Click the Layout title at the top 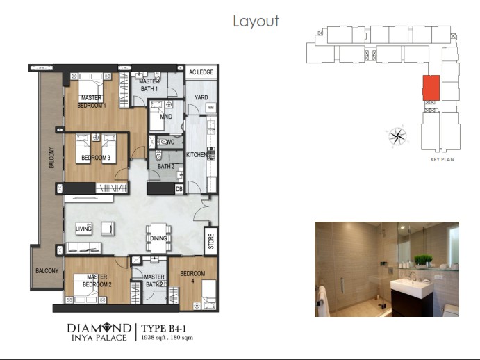[x=256, y=22]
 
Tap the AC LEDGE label [x=201, y=72]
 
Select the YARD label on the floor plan [x=201, y=97]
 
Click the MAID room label [x=165, y=117]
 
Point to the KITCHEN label [x=197, y=155]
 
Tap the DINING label [x=158, y=239]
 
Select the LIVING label [x=85, y=227]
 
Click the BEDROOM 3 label [x=96, y=158]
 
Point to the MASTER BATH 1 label [x=148, y=85]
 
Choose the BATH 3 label [x=165, y=167]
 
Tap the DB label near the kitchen [x=179, y=188]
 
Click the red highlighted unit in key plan [x=431, y=89]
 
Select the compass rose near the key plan [x=399, y=136]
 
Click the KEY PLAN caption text [x=442, y=160]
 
